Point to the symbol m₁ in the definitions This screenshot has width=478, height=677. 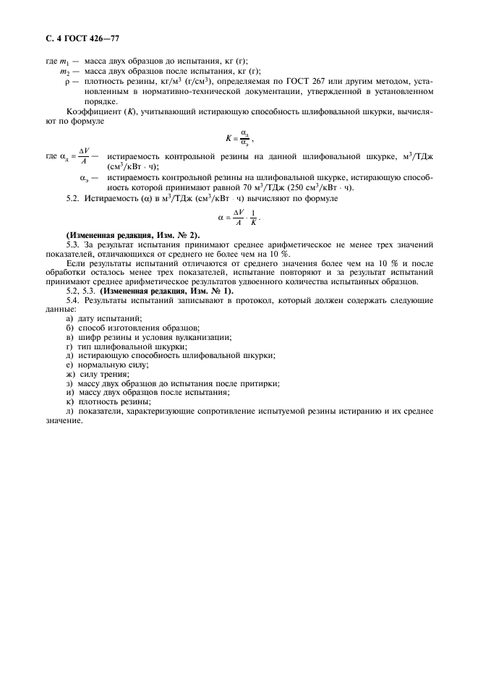pos(65,63)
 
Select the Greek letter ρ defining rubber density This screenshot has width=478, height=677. pos(67,82)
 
